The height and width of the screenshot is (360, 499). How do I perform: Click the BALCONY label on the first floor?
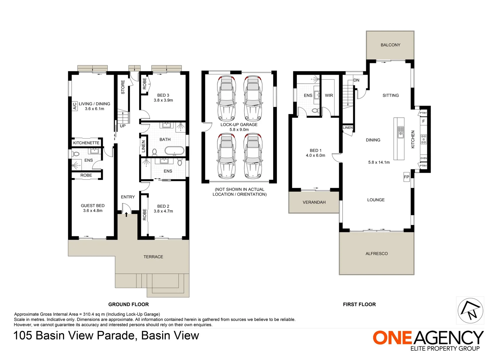(x=390, y=45)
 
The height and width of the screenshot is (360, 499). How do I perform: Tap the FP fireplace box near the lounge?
(x=407, y=177)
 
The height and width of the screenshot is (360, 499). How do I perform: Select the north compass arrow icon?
(x=470, y=310)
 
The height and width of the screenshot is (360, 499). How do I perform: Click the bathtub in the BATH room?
(x=174, y=151)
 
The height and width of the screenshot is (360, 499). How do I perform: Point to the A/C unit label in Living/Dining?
(x=75, y=106)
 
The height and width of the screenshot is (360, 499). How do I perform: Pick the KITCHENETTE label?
(x=86, y=143)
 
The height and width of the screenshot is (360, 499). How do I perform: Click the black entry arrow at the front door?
(x=126, y=214)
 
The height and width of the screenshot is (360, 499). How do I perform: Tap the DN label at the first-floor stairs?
(x=356, y=80)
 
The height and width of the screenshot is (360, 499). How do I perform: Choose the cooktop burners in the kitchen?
(x=424, y=139)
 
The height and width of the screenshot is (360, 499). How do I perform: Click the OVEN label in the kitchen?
(x=424, y=158)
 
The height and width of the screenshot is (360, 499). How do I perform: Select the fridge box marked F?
(x=424, y=121)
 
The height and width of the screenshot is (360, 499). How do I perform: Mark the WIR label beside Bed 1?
(x=329, y=96)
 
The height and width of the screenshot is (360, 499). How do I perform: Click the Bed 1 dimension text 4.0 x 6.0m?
(x=316, y=155)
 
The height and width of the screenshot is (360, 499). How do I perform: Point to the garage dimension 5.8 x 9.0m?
(x=239, y=130)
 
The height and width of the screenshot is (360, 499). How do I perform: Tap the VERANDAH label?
(x=314, y=202)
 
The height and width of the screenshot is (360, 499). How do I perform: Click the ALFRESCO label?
(x=377, y=254)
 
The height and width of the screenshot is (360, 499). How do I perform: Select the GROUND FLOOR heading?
(x=128, y=304)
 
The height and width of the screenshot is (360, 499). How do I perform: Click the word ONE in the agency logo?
(x=392, y=338)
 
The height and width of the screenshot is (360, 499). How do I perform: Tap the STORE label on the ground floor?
(x=123, y=87)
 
